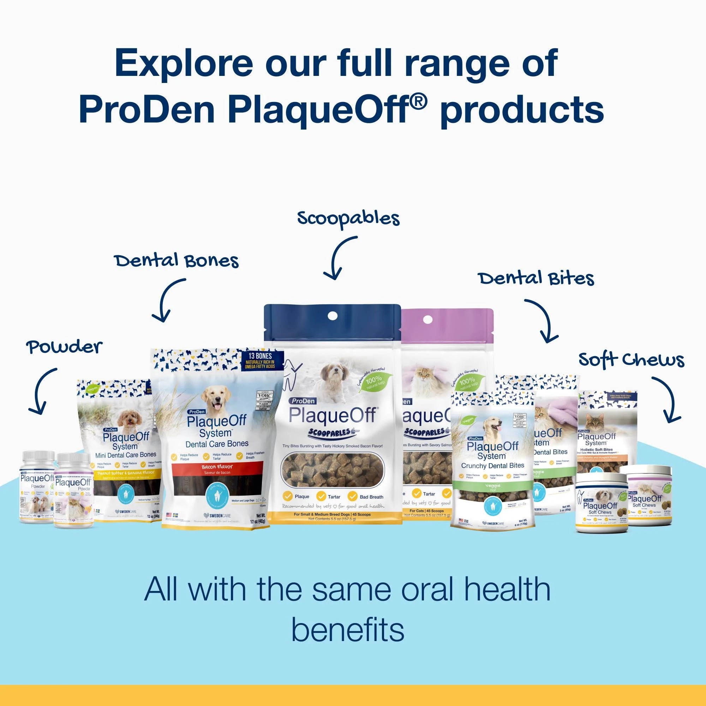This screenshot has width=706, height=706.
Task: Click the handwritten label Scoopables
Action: pyautogui.click(x=348, y=219)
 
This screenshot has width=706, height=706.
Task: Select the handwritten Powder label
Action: pyautogui.click(x=64, y=347)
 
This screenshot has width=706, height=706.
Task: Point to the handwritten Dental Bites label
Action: pyautogui.click(x=536, y=279)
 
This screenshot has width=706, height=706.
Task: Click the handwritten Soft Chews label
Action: pyautogui.click(x=632, y=360)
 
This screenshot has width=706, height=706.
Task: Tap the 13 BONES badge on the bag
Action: pyautogui.click(x=260, y=360)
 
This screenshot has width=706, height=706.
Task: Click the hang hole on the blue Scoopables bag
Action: pyautogui.click(x=332, y=315)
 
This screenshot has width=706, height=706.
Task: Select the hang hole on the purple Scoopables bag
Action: pyautogui.click(x=427, y=319)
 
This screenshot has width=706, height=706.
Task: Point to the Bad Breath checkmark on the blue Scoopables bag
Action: pyautogui.click(x=352, y=496)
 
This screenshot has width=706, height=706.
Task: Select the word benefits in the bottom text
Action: pyautogui.click(x=347, y=630)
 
